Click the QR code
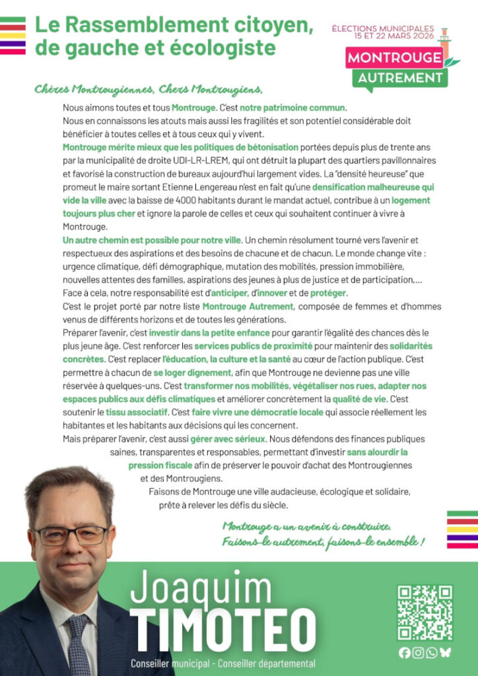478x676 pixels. click(x=425, y=612)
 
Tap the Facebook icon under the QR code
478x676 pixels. click(x=405, y=653)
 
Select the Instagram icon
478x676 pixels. click(x=418, y=653)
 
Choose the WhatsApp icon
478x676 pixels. click(x=432, y=653)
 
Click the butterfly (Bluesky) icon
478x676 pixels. click(x=446, y=653)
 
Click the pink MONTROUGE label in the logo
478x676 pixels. click(x=395, y=57)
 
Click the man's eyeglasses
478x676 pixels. click(x=71, y=534)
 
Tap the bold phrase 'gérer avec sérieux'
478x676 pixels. click(x=228, y=438)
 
